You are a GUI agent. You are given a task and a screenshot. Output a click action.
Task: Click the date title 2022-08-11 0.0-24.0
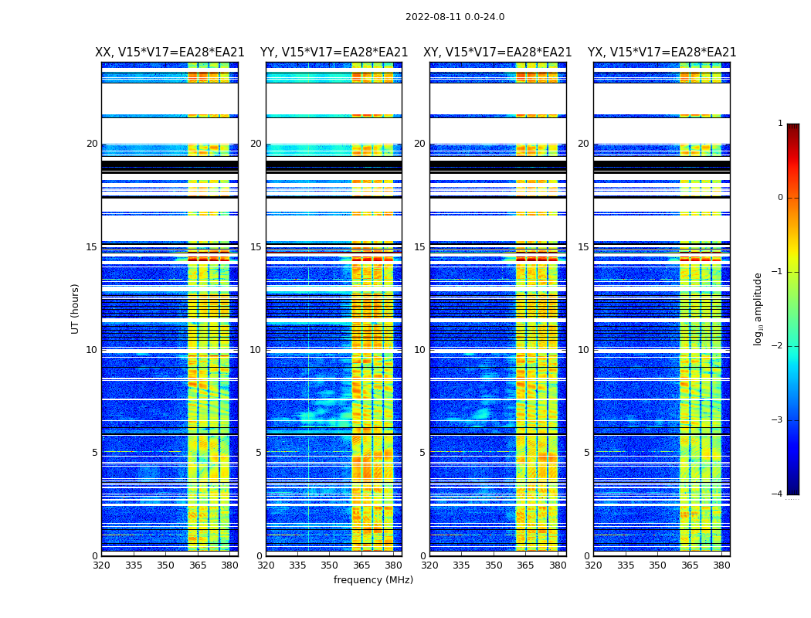tap(455, 17)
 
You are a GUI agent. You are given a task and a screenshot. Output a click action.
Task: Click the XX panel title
tap(170, 53)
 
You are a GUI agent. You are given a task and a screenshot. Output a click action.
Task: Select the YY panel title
tap(334, 53)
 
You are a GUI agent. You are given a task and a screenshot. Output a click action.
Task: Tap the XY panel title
tap(497, 53)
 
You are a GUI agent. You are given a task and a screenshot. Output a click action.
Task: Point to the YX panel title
tap(662, 53)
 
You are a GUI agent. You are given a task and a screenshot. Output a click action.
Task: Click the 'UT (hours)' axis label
tap(76, 308)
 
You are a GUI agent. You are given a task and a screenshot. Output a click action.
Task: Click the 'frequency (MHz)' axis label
tap(373, 580)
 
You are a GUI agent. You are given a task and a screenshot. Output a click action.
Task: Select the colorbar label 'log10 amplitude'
tap(758, 308)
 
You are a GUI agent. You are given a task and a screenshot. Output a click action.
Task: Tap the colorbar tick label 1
tap(779, 124)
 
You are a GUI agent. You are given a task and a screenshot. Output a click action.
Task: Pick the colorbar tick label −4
tap(778, 494)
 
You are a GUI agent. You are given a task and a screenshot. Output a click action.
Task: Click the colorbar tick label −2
tap(778, 346)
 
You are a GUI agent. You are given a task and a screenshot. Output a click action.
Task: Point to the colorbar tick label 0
tap(779, 198)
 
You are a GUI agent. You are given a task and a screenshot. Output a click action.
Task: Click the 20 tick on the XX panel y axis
tap(92, 144)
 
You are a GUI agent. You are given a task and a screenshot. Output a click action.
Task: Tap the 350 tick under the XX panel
tap(165, 565)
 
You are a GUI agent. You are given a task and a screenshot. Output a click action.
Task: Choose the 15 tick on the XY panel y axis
tap(419, 247)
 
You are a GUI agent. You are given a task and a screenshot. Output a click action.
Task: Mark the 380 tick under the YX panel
tap(721, 565)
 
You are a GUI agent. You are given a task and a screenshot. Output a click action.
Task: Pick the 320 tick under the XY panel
tap(429, 565)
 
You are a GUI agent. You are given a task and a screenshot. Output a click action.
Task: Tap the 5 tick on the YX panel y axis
tap(586, 453)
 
